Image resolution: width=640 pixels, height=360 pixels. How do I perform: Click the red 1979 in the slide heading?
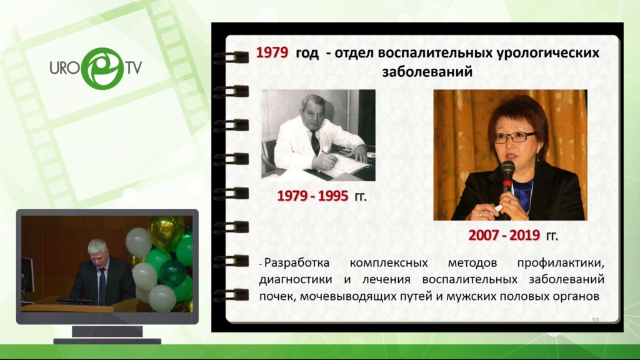(272, 52)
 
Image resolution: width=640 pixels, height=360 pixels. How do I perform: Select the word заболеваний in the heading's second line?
(427, 71)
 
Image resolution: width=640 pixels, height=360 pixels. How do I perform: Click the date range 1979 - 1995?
(312, 196)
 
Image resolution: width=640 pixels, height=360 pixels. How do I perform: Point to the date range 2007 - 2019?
(504, 236)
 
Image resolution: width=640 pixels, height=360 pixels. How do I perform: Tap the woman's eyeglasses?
(514, 137)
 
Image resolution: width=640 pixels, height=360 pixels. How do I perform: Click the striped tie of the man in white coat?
(316, 142)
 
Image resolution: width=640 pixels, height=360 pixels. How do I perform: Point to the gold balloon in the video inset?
(166, 232)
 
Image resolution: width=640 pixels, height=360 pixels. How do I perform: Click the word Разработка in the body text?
(297, 263)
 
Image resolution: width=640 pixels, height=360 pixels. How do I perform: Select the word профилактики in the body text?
(561, 264)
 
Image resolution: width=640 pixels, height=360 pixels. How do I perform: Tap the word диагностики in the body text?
(296, 280)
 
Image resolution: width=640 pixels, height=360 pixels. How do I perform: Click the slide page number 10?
(595, 320)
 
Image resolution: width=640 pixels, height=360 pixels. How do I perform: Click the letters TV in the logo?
(134, 68)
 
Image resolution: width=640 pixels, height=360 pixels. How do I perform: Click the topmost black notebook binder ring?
(231, 57)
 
